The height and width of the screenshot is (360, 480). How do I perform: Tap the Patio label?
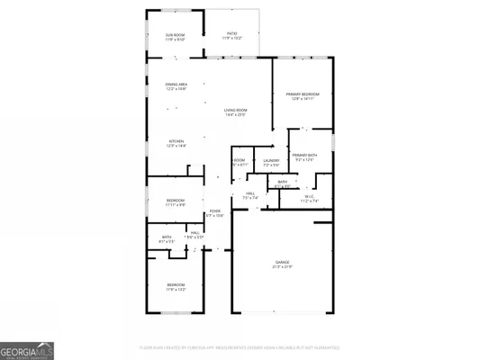(232, 35)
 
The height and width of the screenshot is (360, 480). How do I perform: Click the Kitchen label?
(177, 142)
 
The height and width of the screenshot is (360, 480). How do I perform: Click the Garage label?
(283, 262)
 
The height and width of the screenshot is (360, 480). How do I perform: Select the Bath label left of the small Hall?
(165, 238)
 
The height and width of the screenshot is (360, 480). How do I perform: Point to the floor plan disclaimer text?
(240, 346)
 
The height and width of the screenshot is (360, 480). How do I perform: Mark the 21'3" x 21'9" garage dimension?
(283, 267)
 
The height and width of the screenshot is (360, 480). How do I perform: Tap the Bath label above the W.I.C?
(283, 181)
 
